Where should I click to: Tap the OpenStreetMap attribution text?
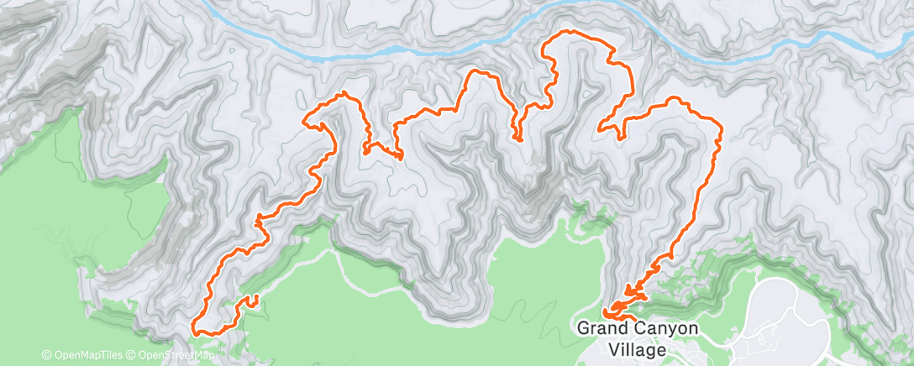pos(174,355)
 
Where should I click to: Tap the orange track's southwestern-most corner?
pos(195,331)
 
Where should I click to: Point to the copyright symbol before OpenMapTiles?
pos(47,355)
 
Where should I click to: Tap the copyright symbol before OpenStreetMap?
pos(130,355)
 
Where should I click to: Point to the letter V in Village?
pos(616,348)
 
